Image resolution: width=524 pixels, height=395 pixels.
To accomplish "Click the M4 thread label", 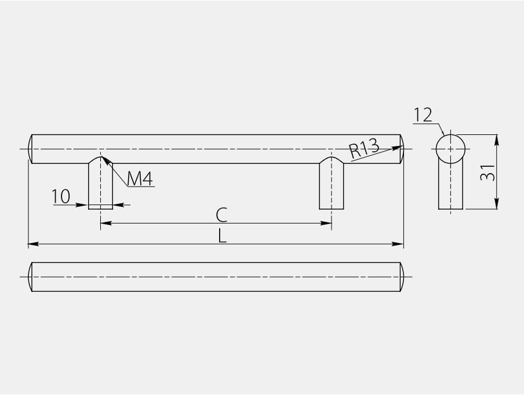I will (x=140, y=179).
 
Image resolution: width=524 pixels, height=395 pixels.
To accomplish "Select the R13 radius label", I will (x=364, y=149).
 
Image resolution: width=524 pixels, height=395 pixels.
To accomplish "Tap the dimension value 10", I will (x=61, y=197).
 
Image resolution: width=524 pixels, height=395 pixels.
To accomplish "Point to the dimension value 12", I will (x=423, y=115).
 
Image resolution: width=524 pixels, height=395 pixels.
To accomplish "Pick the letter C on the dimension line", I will (x=221, y=215).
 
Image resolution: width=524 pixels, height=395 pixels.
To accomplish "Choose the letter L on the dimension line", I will (x=222, y=236).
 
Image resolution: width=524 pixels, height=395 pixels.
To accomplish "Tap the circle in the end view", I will (x=450, y=149).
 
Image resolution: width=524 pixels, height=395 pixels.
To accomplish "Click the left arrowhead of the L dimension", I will (x=32, y=244).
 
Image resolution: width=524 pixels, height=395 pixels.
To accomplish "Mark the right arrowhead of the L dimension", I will (x=399, y=244).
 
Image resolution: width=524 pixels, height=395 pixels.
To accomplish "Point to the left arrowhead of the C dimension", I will (x=105, y=223).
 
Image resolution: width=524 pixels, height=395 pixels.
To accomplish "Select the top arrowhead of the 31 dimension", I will (x=497, y=139).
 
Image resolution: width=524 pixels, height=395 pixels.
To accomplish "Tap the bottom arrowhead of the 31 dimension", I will (x=497, y=204).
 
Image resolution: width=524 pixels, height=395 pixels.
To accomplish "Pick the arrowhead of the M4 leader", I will (x=105, y=159).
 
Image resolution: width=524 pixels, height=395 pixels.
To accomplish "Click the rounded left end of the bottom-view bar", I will (x=30, y=277).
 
